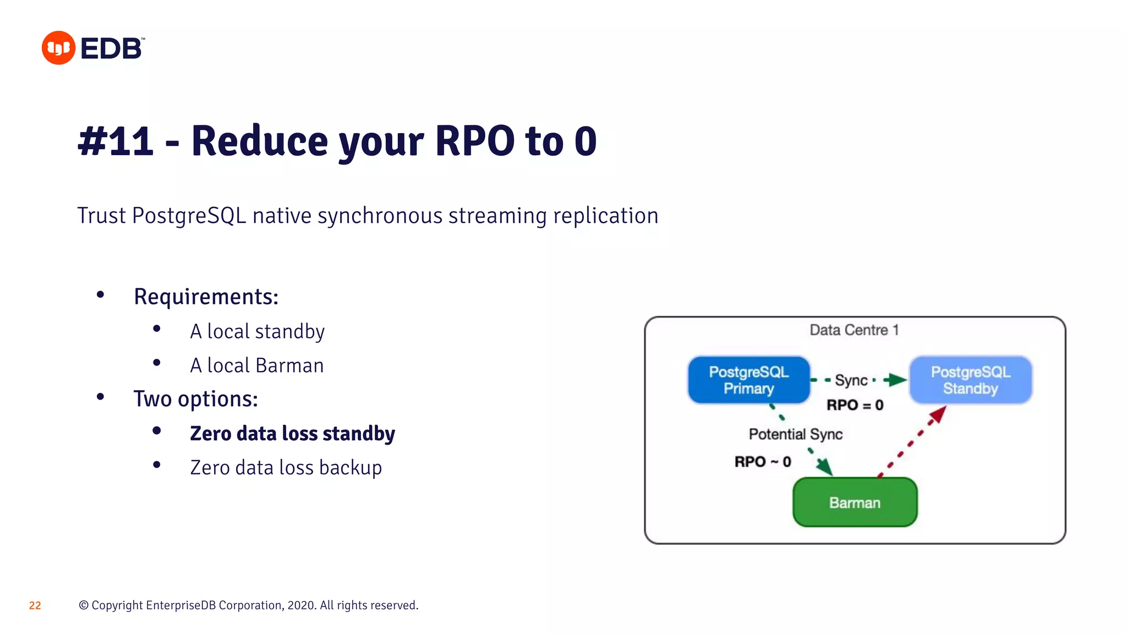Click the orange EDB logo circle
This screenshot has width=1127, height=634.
point(58,48)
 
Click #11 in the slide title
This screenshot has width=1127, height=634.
point(116,141)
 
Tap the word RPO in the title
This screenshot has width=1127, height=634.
point(474,141)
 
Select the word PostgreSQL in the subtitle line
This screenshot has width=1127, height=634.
point(189,216)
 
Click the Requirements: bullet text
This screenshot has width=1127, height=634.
point(206,297)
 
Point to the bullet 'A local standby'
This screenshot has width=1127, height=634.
point(257,331)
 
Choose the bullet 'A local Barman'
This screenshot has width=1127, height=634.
point(256,365)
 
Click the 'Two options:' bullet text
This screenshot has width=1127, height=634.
point(195,399)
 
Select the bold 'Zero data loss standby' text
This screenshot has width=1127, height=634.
point(292,434)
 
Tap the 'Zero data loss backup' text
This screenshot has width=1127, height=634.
point(286,468)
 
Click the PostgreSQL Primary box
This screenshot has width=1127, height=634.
point(748,380)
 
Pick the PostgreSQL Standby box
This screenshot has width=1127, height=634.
point(970,380)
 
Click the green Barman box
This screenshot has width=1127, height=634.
point(855,502)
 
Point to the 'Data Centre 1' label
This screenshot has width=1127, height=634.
point(854,330)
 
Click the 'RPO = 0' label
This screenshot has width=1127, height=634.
point(855,406)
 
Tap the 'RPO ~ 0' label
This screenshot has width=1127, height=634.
point(763,462)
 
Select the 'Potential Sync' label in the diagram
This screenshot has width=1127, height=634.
point(795,434)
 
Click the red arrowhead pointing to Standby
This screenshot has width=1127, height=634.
point(939,414)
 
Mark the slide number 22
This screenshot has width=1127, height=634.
point(35,606)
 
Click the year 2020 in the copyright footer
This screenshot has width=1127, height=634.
point(300,606)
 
